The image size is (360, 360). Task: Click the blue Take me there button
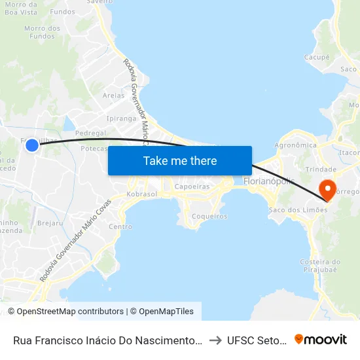pyautogui.click(x=180, y=160)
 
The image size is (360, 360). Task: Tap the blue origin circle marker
pyautogui.click(x=32, y=145)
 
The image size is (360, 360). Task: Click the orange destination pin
pyautogui.click(x=326, y=189)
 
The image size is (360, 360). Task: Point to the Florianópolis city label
pyautogui.click(x=269, y=181)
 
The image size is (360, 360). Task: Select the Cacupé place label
pyautogui.click(x=317, y=58)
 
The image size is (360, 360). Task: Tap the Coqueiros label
pyautogui.click(x=211, y=216)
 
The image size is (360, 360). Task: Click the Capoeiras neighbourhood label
pyautogui.click(x=192, y=186)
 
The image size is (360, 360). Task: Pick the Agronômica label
pyautogui.click(x=296, y=145)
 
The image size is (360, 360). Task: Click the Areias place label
pyautogui.click(x=113, y=96)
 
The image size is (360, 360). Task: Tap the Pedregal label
pyautogui.click(x=90, y=133)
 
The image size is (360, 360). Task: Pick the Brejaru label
pyautogui.click(x=50, y=223)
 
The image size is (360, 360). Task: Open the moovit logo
pyautogui.click(x=321, y=340)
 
